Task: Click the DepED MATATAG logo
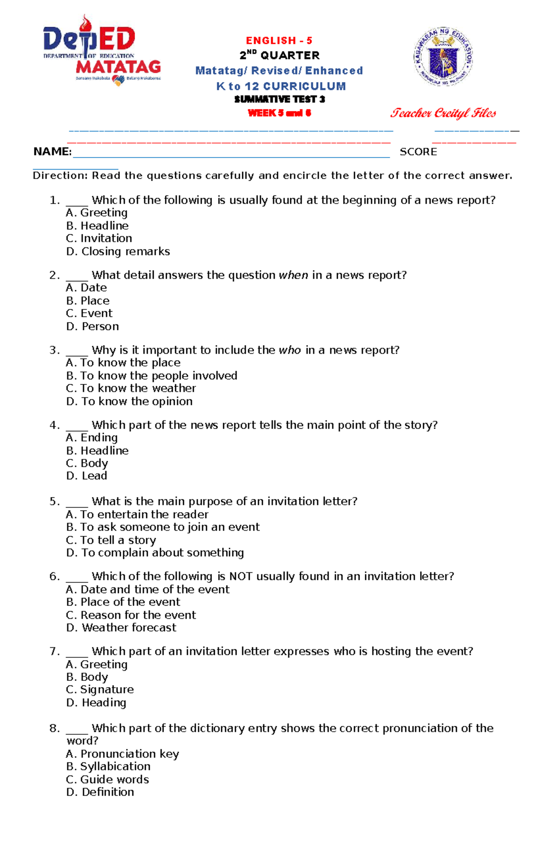pyautogui.click(x=102, y=51)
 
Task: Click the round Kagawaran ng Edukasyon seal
pyautogui.click(x=443, y=57)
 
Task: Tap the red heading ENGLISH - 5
pyautogui.click(x=279, y=41)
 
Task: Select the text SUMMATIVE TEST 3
pyautogui.click(x=279, y=99)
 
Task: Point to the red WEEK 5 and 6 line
pyautogui.click(x=279, y=113)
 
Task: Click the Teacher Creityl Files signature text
pyautogui.click(x=443, y=113)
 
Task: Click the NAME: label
pyautogui.click(x=53, y=152)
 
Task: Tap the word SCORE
pyautogui.click(x=418, y=152)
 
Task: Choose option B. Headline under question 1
pyautogui.click(x=97, y=226)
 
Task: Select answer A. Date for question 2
pyautogui.click(x=87, y=288)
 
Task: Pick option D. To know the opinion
pyautogui.click(x=130, y=402)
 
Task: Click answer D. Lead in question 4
pyautogui.click(x=87, y=476)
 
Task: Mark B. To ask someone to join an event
pyautogui.click(x=163, y=527)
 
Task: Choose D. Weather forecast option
pyautogui.click(x=122, y=628)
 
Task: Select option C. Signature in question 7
pyautogui.click(x=100, y=690)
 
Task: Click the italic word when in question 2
pyautogui.click(x=293, y=275)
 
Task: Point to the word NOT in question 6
pyautogui.click(x=241, y=577)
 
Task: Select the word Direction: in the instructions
pyautogui.click(x=60, y=176)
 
